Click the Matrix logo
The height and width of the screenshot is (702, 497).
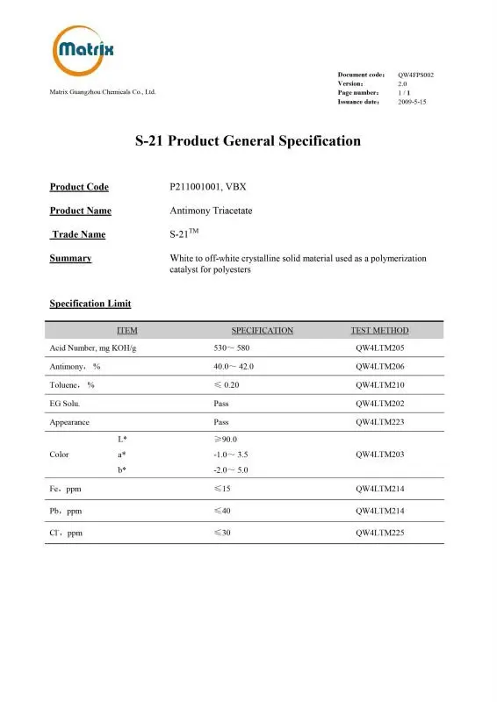(x=83, y=51)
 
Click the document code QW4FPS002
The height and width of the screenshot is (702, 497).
(x=416, y=75)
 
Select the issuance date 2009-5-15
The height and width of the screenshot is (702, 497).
(x=412, y=102)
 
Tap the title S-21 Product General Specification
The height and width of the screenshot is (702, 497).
(x=248, y=140)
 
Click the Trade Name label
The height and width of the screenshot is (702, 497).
(x=79, y=234)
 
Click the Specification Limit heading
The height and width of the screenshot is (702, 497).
(x=90, y=304)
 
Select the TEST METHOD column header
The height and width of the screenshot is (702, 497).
(x=379, y=331)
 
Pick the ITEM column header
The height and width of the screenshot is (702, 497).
(x=127, y=331)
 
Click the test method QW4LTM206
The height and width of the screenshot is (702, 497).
(x=379, y=367)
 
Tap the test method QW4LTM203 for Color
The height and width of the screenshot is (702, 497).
(x=379, y=455)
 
